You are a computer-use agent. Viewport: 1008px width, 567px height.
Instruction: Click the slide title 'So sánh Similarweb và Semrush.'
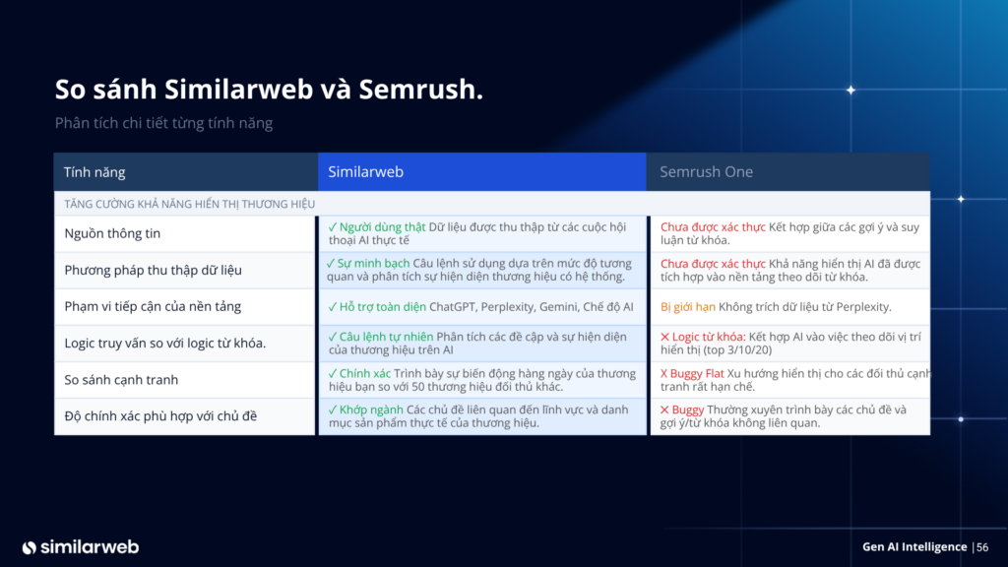pos(269,90)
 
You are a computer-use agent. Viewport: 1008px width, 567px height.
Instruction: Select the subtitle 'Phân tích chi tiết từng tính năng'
pos(163,123)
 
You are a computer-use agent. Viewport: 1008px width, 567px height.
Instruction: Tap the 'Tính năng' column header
pos(94,172)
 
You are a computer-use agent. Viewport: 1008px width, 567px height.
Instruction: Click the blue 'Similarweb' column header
pos(364,172)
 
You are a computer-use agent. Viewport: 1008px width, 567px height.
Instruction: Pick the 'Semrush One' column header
pos(706,172)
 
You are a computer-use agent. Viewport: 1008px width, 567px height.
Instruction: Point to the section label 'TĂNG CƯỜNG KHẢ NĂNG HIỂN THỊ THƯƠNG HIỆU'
pos(189,204)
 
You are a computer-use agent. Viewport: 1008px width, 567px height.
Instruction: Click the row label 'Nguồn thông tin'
pos(112,234)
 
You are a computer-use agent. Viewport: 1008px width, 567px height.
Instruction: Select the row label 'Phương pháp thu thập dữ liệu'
pos(153,271)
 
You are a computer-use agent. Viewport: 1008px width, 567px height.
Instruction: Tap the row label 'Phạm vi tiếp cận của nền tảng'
pos(153,307)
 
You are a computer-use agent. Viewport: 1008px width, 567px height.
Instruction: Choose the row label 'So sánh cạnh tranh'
pos(121,380)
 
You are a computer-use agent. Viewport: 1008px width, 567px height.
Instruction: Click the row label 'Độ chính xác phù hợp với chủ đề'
pos(160,416)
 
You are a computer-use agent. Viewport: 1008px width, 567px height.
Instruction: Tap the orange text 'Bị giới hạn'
pos(687,307)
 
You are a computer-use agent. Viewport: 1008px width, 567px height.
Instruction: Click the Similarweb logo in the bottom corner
pos(80,546)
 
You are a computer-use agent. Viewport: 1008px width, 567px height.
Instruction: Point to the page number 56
pos(982,547)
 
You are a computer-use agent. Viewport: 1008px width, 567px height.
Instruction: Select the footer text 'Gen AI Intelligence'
pos(913,547)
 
